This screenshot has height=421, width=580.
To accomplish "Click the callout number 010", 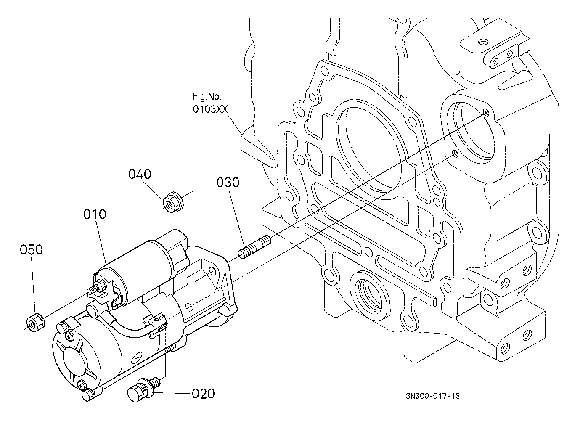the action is coord(95,214).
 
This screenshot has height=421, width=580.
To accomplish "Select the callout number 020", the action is coord(203,394).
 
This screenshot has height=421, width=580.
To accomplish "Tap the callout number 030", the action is coord(228,183).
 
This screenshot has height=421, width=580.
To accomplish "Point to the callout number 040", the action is coord(140,174).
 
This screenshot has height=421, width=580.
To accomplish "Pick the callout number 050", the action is coord(31,249).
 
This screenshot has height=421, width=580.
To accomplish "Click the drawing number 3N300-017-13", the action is coord(432,396).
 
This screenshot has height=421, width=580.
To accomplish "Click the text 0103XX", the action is coord(210,109).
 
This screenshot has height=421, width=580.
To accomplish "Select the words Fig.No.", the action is coord(207,97).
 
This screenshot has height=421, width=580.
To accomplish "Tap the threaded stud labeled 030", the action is coord(254,247).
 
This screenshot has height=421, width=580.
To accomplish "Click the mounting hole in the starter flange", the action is coord(212,271).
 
